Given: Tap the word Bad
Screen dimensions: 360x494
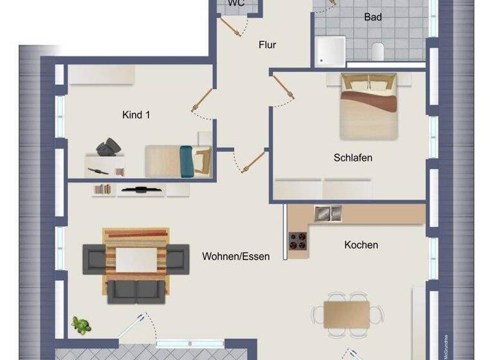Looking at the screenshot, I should tap(372, 17).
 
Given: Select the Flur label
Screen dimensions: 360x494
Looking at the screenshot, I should tap(267, 45).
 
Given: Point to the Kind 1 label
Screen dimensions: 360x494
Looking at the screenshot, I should tap(136, 115).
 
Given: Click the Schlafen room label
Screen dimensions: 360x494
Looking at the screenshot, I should tap(352, 157).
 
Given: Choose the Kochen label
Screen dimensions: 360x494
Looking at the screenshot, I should tap(361, 245).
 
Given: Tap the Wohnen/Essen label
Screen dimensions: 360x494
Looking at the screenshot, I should tap(235, 256).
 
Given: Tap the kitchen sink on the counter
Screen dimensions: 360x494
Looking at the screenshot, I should tap(329, 213).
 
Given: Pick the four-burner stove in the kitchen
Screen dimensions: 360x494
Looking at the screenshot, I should tap(298, 241).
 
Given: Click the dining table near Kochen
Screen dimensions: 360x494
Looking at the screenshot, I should tap(347, 314).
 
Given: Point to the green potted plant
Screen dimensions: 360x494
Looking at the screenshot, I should tap(80, 325).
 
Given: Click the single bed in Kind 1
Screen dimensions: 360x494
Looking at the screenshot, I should tap(178, 160).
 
